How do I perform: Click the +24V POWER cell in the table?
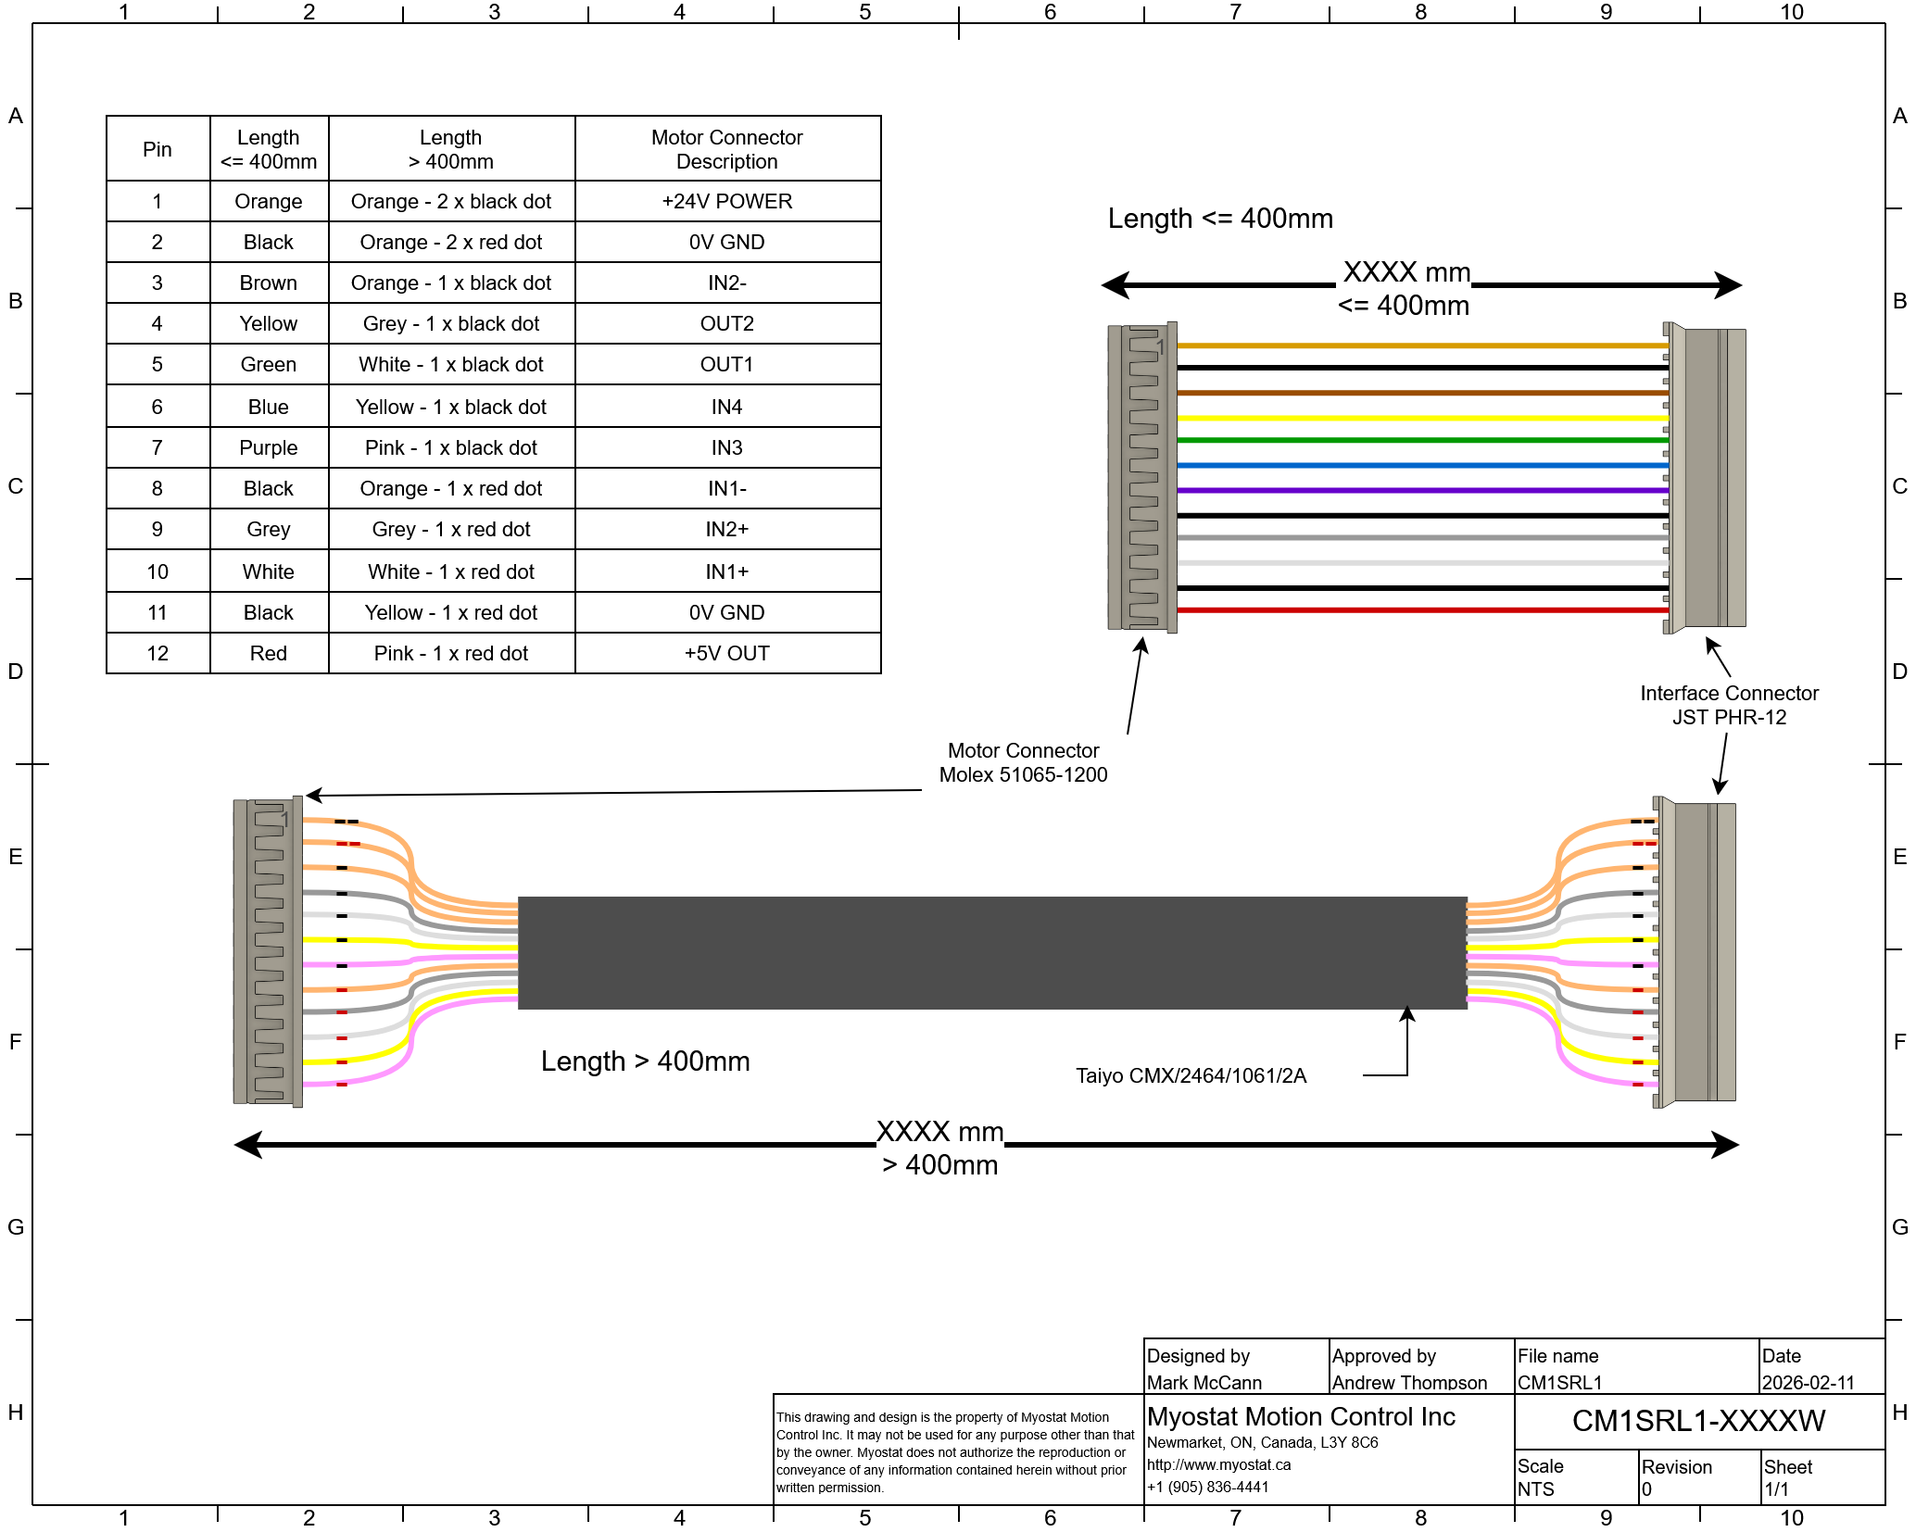(727, 202)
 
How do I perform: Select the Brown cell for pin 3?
(269, 283)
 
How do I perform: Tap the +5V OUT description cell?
(727, 654)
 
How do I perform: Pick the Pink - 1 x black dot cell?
(451, 448)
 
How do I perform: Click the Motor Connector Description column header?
(727, 149)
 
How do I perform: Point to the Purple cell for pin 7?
(269, 448)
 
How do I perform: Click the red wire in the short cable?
(1422, 610)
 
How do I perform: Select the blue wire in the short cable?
(1422, 465)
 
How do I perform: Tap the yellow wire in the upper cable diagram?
(1422, 418)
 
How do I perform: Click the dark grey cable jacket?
(991, 952)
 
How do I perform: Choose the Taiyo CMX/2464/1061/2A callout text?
(1191, 1076)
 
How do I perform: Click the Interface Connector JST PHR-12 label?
(1729, 706)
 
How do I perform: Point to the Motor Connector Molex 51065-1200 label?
(1023, 763)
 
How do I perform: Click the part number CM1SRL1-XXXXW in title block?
(1698, 1421)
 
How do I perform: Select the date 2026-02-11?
(1808, 1383)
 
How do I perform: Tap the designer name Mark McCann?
(1204, 1383)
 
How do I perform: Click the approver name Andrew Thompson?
(1409, 1383)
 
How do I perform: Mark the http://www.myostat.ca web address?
(1218, 1465)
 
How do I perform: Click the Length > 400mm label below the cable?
(645, 1061)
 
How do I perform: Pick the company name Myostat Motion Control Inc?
(1301, 1417)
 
